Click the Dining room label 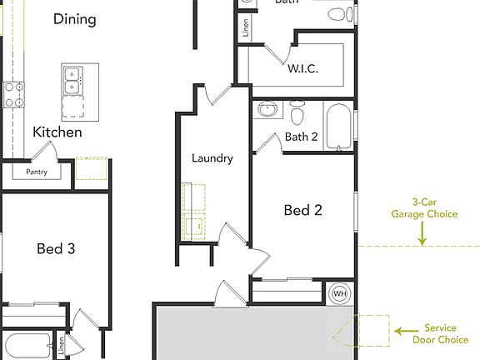pos(75,18)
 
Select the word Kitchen pos(57,132)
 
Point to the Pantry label pos(37,172)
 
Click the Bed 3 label pos(57,247)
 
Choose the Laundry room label pos(212,157)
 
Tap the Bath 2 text pos(301,137)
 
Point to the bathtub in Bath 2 pos(338,126)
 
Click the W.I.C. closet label pos(302,69)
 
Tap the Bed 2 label pos(302,210)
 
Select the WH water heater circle pos(340,293)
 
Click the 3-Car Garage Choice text pos(424,207)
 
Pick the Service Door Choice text pos(441,333)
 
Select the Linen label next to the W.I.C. pos(246,27)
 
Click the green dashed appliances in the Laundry pos(194,212)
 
